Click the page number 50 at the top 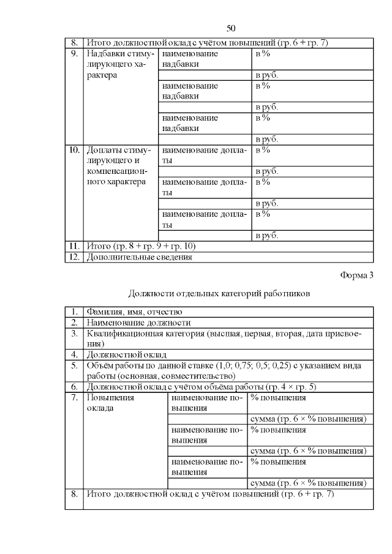tap(231, 28)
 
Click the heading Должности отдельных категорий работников tap(220, 293)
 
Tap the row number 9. tap(73, 53)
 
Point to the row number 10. tap(73, 149)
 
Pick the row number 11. tap(73, 246)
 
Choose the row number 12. tap(73, 257)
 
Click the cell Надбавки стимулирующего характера tap(117, 64)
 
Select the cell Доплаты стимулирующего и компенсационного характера tap(117, 165)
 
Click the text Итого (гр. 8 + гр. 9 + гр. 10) tap(141, 246)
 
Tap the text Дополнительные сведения tap(140, 257)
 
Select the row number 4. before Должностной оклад tap(73, 354)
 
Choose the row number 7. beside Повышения tap(73, 398)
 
